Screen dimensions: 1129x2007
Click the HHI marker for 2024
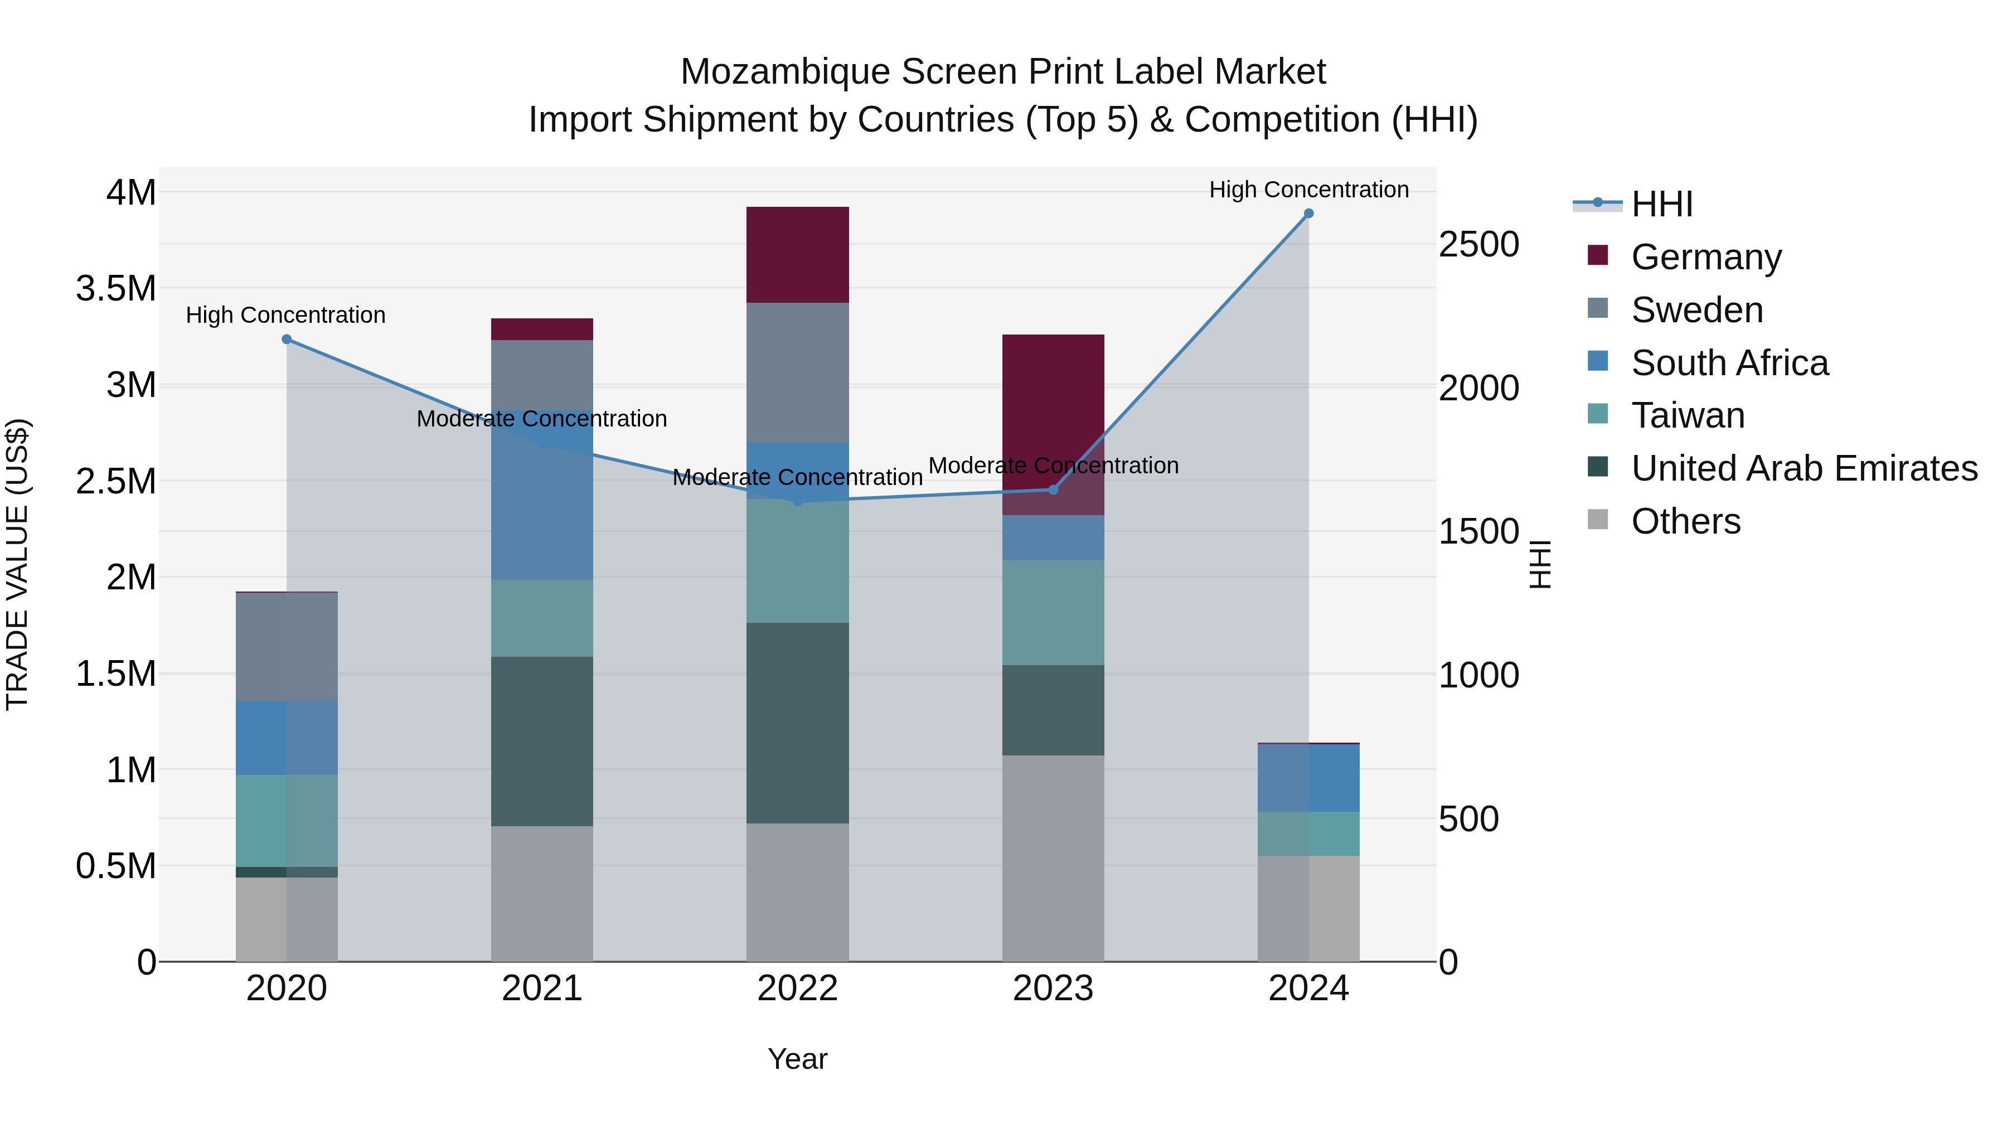[1308, 214]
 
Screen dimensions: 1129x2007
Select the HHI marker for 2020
[287, 339]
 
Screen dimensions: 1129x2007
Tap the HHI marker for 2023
[1053, 490]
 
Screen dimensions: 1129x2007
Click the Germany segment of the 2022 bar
[797, 255]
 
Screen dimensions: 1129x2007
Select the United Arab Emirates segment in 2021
[541, 741]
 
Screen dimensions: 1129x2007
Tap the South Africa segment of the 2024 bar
[1308, 778]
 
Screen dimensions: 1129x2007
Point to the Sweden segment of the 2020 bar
[287, 646]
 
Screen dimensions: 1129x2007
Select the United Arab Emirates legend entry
[1804, 468]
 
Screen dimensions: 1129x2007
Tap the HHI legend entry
[1661, 204]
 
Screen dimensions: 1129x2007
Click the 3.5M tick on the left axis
[116, 288]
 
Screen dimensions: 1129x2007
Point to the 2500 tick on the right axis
[1478, 245]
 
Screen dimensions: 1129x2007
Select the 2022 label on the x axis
[797, 989]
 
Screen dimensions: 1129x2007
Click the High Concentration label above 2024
[1308, 190]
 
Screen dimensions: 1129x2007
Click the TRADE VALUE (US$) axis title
[17, 564]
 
